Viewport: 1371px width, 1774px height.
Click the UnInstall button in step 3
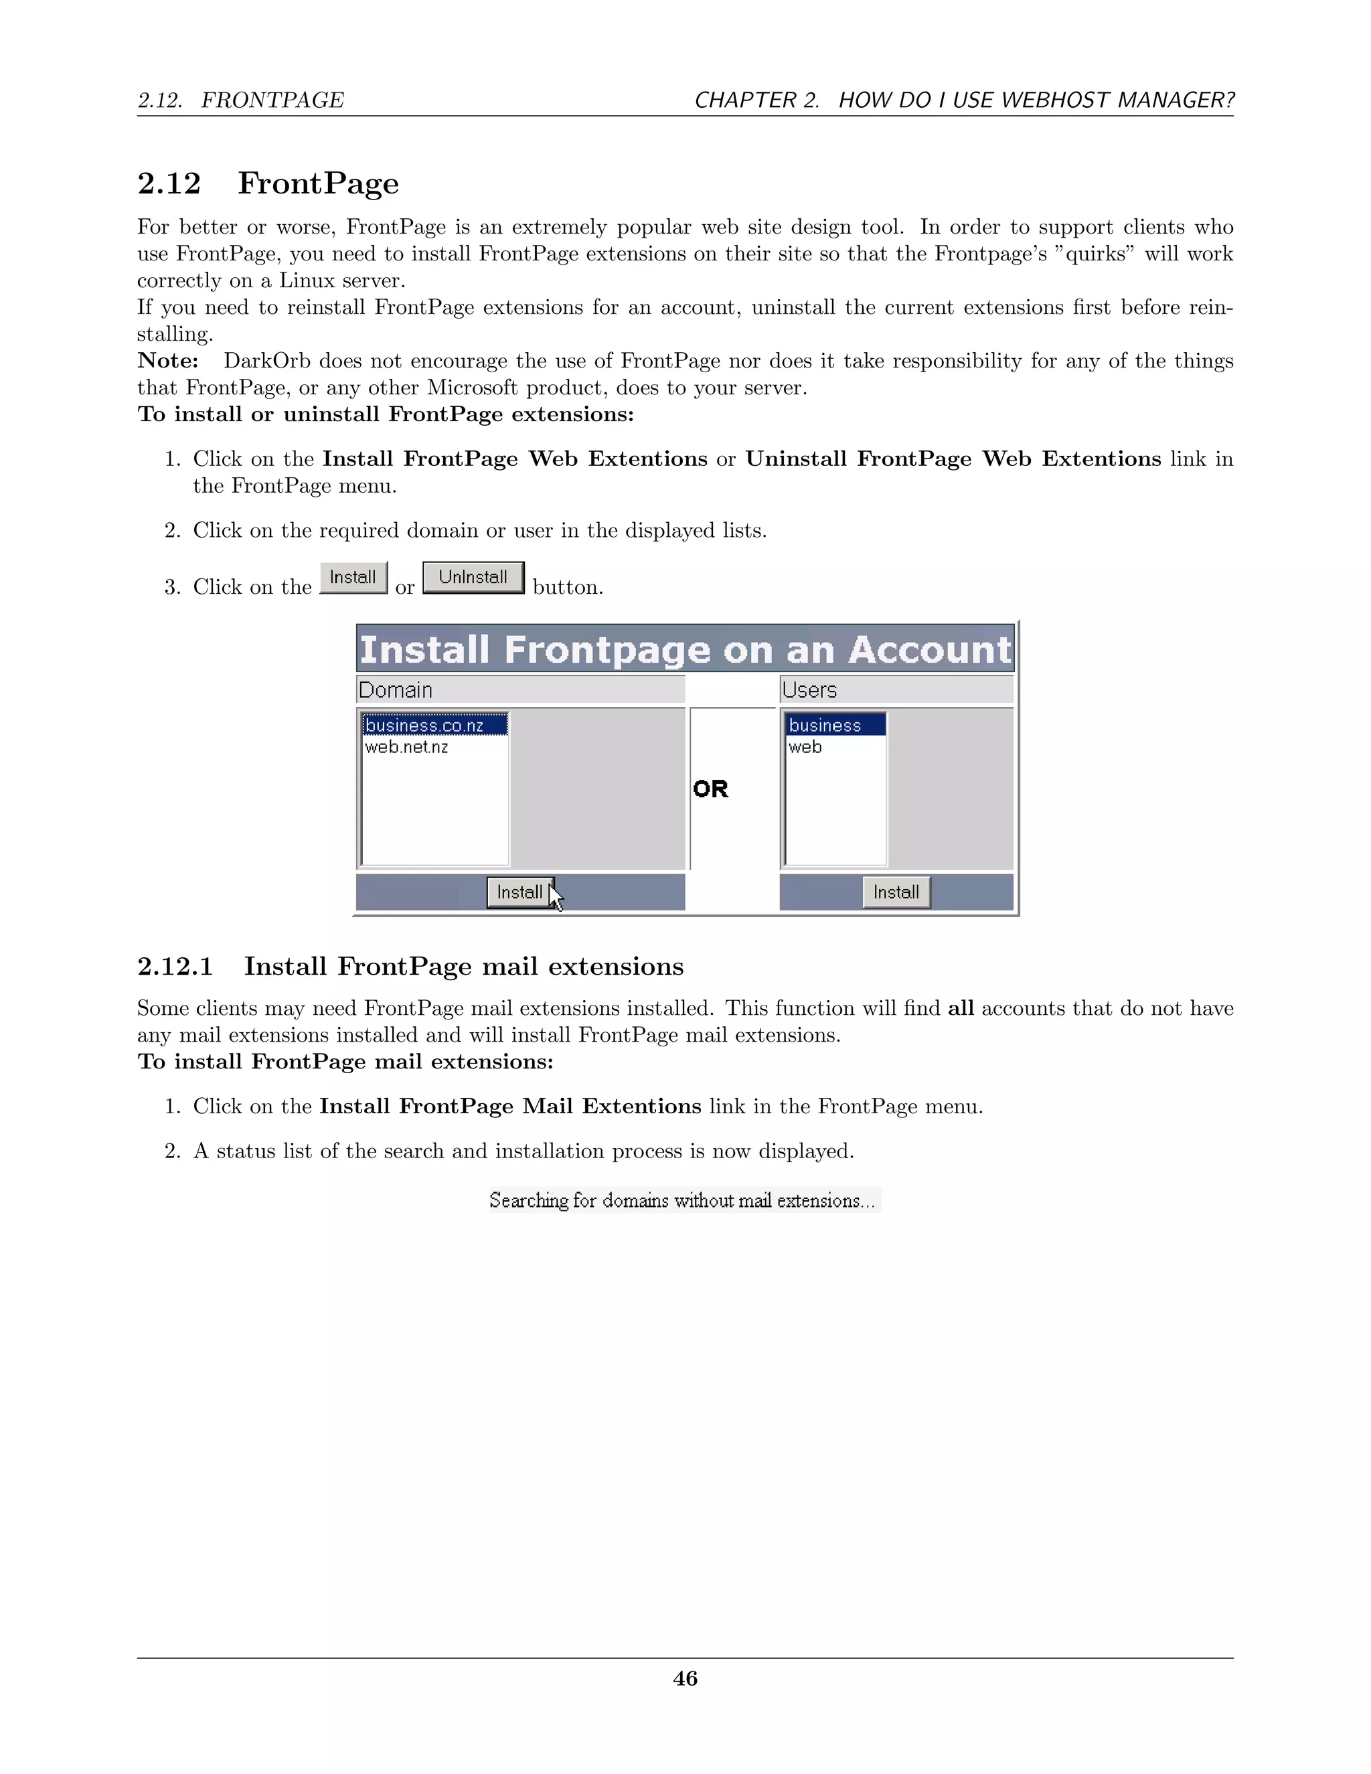point(473,578)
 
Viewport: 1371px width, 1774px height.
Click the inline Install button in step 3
point(353,578)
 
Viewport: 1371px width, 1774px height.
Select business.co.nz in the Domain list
point(425,724)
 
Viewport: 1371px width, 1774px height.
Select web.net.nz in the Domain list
point(406,746)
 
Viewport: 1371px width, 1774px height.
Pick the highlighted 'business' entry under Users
point(825,724)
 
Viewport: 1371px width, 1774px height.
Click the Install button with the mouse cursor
point(519,892)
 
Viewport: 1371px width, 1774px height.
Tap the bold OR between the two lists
point(711,789)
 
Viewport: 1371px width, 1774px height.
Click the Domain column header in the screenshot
point(396,690)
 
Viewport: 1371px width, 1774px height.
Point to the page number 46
point(685,1678)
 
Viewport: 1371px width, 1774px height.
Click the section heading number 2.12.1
point(175,967)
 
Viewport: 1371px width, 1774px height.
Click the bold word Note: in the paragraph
point(168,361)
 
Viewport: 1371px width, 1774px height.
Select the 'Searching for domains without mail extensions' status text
point(682,1200)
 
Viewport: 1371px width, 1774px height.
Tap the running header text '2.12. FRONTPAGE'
point(240,100)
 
